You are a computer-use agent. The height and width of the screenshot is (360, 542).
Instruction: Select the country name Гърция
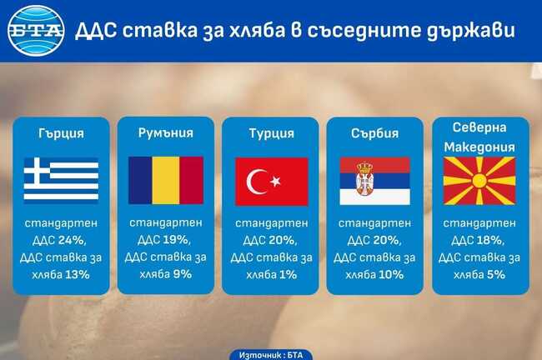coord(61,133)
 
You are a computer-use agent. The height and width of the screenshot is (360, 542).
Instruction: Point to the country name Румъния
coord(166,132)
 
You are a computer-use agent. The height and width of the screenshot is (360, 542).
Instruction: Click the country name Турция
coord(271,133)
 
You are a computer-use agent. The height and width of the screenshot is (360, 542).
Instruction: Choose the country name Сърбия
coord(374,133)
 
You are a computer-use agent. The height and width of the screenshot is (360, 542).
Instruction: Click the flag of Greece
coord(61,181)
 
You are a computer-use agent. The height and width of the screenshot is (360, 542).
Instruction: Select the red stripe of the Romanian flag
coord(191,181)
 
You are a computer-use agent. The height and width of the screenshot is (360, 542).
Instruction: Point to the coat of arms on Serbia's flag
coord(364,179)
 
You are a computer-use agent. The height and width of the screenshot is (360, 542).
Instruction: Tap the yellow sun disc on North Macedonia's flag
coord(479,181)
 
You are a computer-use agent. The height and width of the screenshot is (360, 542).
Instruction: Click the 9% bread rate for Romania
coord(183,273)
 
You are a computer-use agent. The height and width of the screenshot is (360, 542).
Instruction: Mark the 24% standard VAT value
coord(73,240)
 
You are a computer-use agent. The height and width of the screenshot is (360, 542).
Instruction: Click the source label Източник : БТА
coord(271,354)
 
